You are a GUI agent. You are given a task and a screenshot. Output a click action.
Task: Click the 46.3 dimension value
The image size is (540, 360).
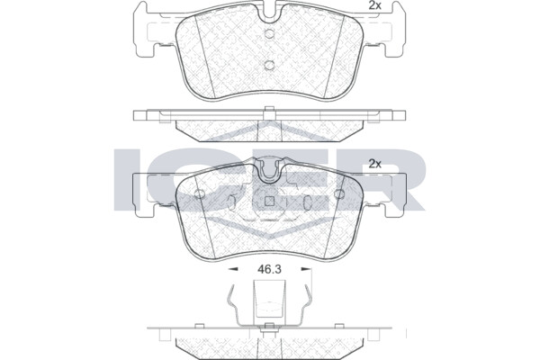[269, 269]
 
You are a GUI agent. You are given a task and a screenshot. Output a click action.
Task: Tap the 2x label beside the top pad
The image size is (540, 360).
[374, 6]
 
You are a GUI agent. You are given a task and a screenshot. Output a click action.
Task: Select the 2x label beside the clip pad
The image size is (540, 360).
[374, 164]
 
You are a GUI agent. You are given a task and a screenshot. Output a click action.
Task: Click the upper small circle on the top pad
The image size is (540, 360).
[269, 34]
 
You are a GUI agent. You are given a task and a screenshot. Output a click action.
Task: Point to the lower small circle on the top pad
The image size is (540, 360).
[269, 65]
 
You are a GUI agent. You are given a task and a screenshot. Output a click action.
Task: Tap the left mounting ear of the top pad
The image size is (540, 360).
[145, 30]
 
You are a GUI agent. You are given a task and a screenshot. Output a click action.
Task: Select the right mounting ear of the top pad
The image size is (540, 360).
[394, 30]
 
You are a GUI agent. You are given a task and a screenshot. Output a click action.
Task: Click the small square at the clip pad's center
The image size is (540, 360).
[269, 201]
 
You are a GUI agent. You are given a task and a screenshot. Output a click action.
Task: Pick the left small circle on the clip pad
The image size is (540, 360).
[200, 194]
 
